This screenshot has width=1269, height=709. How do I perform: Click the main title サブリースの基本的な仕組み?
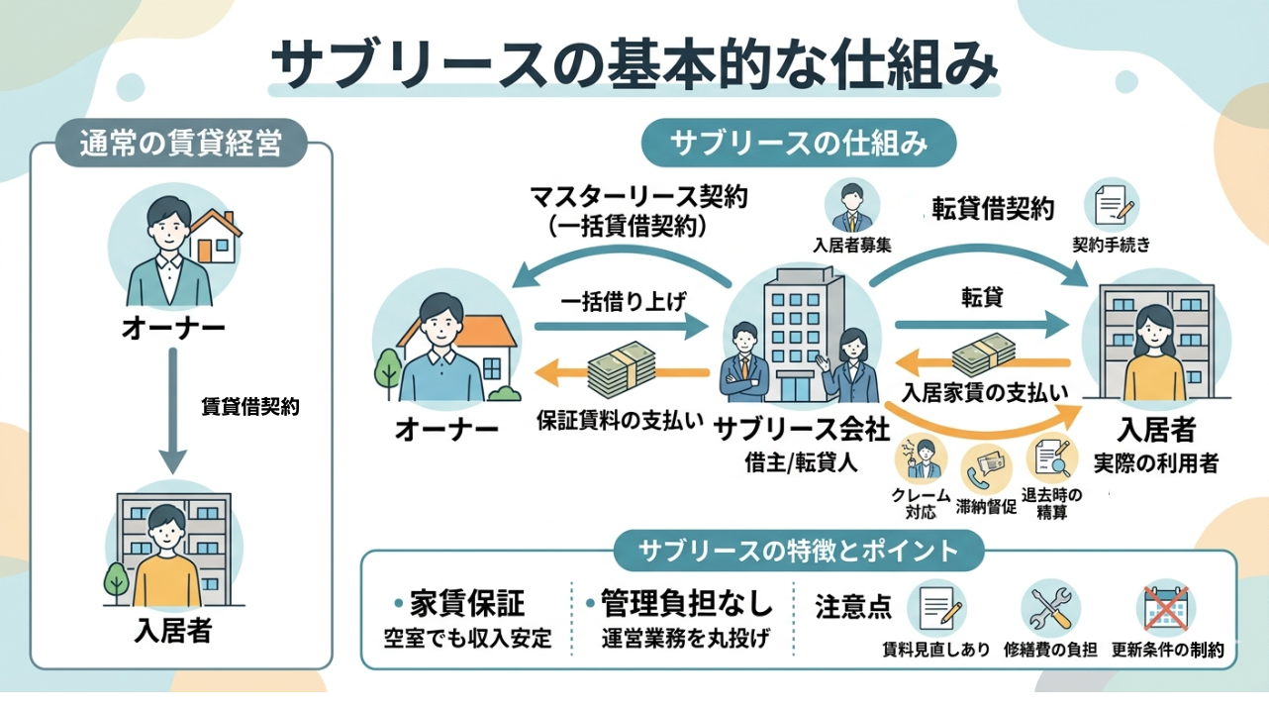(634, 66)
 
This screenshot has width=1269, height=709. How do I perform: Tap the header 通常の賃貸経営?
(180, 146)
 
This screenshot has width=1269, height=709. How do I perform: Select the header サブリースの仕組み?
(799, 143)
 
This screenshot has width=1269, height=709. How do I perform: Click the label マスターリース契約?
(639, 195)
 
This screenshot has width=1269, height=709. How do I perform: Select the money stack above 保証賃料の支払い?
(622, 371)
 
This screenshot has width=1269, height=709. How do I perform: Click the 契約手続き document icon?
(1112, 206)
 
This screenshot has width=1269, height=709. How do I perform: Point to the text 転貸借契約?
(993, 209)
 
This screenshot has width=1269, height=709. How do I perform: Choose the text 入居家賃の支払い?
(985, 391)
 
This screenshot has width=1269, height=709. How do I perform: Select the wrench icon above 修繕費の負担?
(1050, 608)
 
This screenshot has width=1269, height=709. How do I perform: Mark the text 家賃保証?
(467, 603)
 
